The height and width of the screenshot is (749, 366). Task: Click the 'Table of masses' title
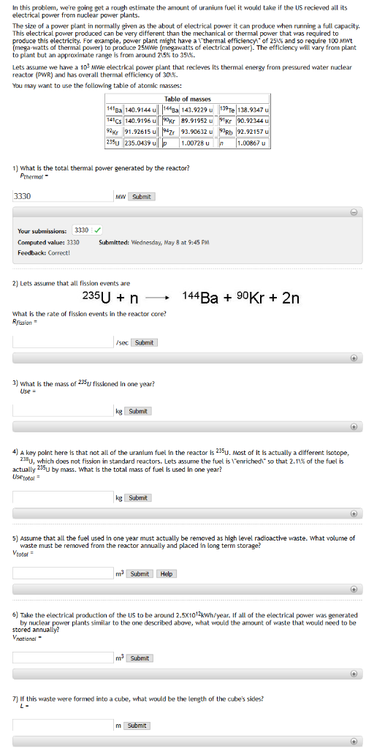coord(183,99)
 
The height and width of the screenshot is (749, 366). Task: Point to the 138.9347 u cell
coord(253,109)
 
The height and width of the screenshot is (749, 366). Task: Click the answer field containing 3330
coord(61,196)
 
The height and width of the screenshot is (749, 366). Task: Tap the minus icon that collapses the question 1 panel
coord(353,211)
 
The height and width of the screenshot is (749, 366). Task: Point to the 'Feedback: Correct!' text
coord(44,252)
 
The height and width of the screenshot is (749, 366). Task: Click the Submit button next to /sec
coord(144,342)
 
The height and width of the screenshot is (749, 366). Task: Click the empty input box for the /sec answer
coord(61,342)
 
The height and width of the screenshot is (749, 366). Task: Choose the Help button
coord(167,573)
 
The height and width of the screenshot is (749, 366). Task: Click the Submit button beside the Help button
coord(140,573)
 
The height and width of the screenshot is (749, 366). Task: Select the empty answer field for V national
coord(61,658)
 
